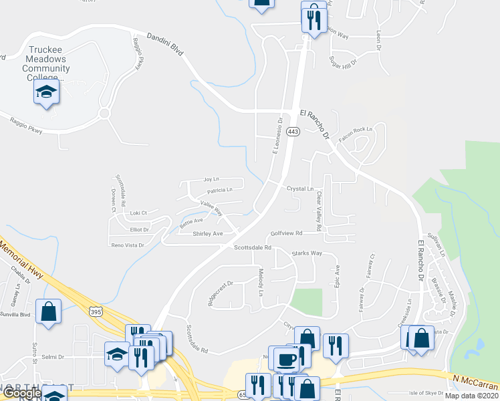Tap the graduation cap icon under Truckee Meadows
click(47, 92)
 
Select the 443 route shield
click(293, 132)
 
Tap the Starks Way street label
click(307, 253)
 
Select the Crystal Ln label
click(300, 188)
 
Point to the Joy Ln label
click(211, 179)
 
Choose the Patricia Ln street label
click(219, 190)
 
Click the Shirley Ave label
click(207, 234)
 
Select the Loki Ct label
click(138, 213)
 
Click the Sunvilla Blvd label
click(15, 313)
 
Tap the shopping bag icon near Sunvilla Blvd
click(49, 311)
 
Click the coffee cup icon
click(286, 359)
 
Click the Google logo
click(21, 394)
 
